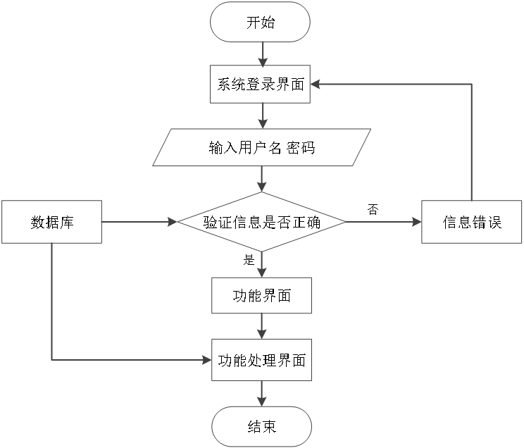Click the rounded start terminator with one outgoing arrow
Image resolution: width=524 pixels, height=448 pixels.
pyautogui.click(x=260, y=22)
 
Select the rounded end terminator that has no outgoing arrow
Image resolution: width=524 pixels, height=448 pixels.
pyautogui.click(x=261, y=426)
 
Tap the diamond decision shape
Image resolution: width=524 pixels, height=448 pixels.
pyautogui.click(x=261, y=222)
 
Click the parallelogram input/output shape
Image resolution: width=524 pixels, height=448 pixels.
pyautogui.click(x=262, y=147)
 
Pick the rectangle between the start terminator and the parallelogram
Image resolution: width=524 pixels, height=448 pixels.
pyautogui.click(x=260, y=84)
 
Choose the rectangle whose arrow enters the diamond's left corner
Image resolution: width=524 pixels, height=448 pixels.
pyautogui.click(x=51, y=222)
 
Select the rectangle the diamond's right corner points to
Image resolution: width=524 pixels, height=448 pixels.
pyautogui.click(x=471, y=222)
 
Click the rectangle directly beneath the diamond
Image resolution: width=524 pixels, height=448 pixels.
pyautogui.click(x=261, y=295)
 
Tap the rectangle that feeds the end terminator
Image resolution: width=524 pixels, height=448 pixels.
pyautogui.click(x=261, y=360)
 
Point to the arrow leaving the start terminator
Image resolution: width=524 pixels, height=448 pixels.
pyautogui.click(x=262, y=54)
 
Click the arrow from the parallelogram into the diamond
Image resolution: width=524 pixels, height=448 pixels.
pyautogui.click(x=262, y=179)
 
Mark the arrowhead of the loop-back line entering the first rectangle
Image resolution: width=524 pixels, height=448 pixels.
pyautogui.click(x=316, y=84)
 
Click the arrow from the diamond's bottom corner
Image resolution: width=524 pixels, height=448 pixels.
pyautogui.click(x=262, y=264)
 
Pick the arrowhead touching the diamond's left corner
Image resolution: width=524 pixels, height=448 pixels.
pyautogui.click(x=173, y=222)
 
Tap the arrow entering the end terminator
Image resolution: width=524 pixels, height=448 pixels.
pyautogui.click(x=262, y=394)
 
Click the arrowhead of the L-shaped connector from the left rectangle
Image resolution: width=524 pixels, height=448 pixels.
pyautogui.click(x=207, y=360)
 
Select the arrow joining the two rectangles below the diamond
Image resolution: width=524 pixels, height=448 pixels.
pyautogui.click(x=262, y=326)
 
